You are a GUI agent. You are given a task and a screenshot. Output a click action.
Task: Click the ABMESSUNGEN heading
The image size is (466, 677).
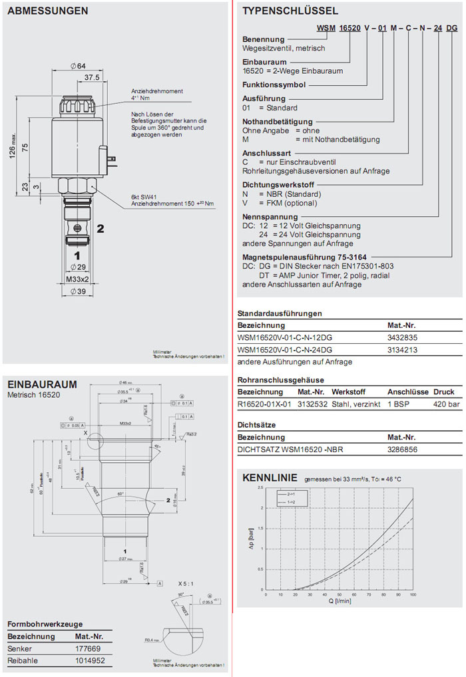click(47, 11)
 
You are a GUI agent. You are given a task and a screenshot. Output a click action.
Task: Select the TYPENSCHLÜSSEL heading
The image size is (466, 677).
click(290, 11)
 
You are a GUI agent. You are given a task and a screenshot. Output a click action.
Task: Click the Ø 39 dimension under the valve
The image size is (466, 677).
click(79, 291)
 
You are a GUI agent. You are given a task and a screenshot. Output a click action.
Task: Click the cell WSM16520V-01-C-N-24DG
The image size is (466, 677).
click(285, 349)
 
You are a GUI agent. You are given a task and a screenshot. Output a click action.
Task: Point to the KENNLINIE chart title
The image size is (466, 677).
click(269, 477)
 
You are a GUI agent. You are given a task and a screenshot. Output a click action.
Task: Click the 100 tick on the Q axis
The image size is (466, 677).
click(413, 595)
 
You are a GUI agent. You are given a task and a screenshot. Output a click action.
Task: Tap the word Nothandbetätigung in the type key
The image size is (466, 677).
click(277, 122)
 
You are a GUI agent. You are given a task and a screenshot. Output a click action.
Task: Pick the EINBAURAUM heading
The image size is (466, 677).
click(41, 384)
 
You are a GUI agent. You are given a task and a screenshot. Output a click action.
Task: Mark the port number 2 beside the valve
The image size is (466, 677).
click(101, 229)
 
